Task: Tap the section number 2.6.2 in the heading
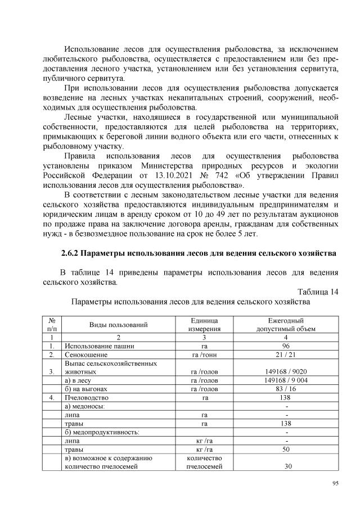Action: coord(72,253)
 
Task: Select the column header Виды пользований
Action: coord(118,324)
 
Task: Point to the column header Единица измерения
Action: coord(204,324)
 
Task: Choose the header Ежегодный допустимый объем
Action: coord(286,324)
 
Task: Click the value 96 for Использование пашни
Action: coord(286,346)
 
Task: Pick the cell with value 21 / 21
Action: coord(286,355)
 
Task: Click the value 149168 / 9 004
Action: coord(286,380)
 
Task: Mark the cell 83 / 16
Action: coord(286,389)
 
